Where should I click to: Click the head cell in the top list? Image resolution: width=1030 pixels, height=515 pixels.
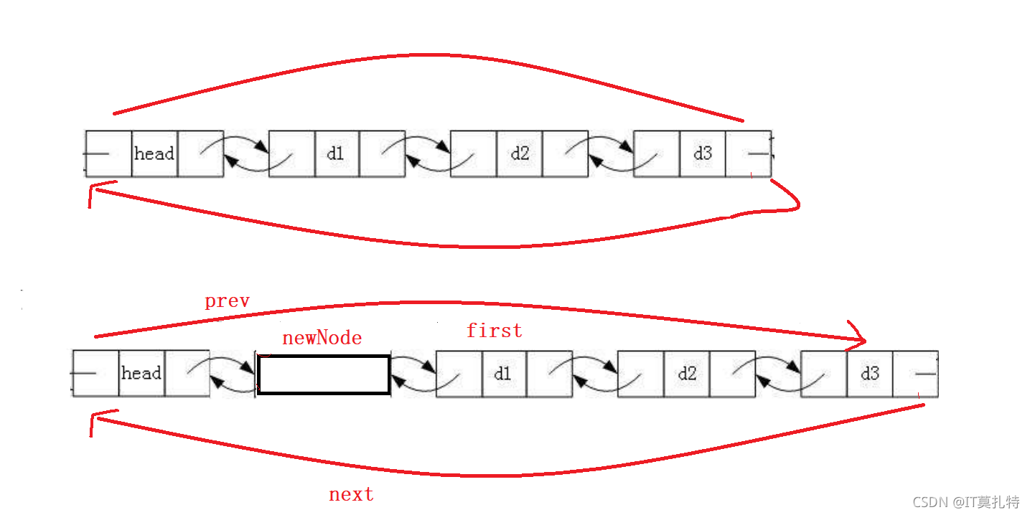pos(154,153)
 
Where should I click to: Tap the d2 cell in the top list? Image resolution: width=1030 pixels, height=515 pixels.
pos(520,153)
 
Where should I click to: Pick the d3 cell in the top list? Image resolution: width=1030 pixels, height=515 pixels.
pos(703,153)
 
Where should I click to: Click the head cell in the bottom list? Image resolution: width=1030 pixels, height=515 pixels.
pos(141,373)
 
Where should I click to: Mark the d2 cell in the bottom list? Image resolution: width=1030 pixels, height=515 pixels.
pos(687,374)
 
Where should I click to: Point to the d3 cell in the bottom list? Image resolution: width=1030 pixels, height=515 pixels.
pos(870,374)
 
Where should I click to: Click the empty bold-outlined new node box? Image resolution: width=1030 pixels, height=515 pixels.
pos(323,374)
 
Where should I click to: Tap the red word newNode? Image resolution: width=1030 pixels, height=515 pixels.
pos(322,338)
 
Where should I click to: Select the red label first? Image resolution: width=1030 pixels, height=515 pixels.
pos(495,331)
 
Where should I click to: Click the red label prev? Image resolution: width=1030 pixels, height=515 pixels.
pos(227,301)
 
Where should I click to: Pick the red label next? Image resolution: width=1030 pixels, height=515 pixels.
pos(351,494)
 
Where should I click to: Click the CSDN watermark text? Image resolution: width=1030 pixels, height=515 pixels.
pos(965,501)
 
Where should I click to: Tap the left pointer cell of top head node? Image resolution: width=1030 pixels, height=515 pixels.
pos(108,153)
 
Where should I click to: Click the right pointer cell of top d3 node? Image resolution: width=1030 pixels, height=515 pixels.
pos(749,153)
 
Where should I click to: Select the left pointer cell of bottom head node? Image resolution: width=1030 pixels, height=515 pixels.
pos(95,373)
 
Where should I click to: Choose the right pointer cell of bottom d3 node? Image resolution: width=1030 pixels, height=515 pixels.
pos(915,374)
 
